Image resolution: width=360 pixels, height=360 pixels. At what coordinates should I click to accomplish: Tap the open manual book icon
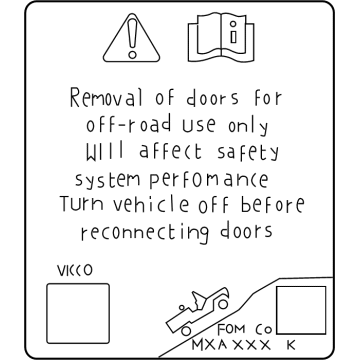215,39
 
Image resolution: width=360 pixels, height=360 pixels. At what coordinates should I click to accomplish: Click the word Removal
106,99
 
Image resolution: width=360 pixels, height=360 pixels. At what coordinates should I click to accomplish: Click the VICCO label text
71,269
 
